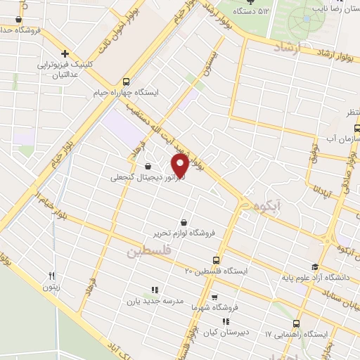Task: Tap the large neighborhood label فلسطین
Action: click(x=149, y=251)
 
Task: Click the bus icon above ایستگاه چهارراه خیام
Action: click(x=126, y=81)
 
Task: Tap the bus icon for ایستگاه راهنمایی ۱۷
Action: click(x=295, y=323)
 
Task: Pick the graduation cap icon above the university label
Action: click(x=314, y=267)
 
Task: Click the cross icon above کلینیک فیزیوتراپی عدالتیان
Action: click(x=65, y=53)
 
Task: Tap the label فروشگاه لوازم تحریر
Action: click(x=184, y=232)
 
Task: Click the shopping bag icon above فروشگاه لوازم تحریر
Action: click(x=184, y=221)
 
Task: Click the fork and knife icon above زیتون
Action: click(x=51, y=276)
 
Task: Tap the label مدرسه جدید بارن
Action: click(x=155, y=300)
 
